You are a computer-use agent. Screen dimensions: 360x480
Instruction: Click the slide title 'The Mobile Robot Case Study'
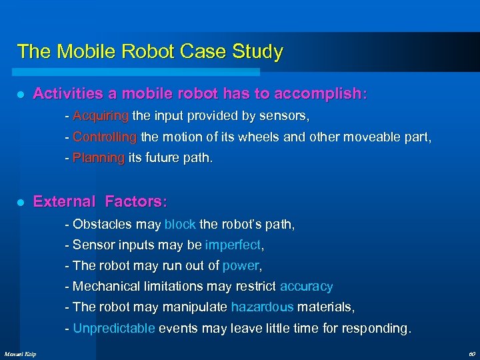[150, 51]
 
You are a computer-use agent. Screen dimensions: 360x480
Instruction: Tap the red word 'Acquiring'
[101, 116]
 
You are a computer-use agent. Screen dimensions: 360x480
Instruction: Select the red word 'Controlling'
[105, 137]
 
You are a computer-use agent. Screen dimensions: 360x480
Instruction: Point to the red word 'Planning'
[99, 158]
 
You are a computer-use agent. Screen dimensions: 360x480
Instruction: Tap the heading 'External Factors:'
[100, 201]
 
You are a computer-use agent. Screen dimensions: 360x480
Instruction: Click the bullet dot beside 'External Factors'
[21, 202]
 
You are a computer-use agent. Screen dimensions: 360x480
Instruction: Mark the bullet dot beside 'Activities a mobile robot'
[21, 95]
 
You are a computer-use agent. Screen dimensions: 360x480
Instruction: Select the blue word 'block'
[180, 224]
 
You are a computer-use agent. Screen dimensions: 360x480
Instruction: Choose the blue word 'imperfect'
[233, 245]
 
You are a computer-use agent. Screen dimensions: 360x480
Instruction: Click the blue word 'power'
[240, 265]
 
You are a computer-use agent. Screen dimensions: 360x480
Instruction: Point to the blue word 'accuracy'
[306, 287]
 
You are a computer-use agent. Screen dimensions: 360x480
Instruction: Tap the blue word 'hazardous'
[262, 307]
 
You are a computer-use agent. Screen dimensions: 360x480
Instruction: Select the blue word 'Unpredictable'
[114, 328]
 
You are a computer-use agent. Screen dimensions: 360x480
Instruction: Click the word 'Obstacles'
[100, 224]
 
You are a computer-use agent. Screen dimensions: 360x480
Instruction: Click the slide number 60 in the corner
[471, 353]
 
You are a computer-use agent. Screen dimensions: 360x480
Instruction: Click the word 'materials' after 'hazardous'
[325, 307]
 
